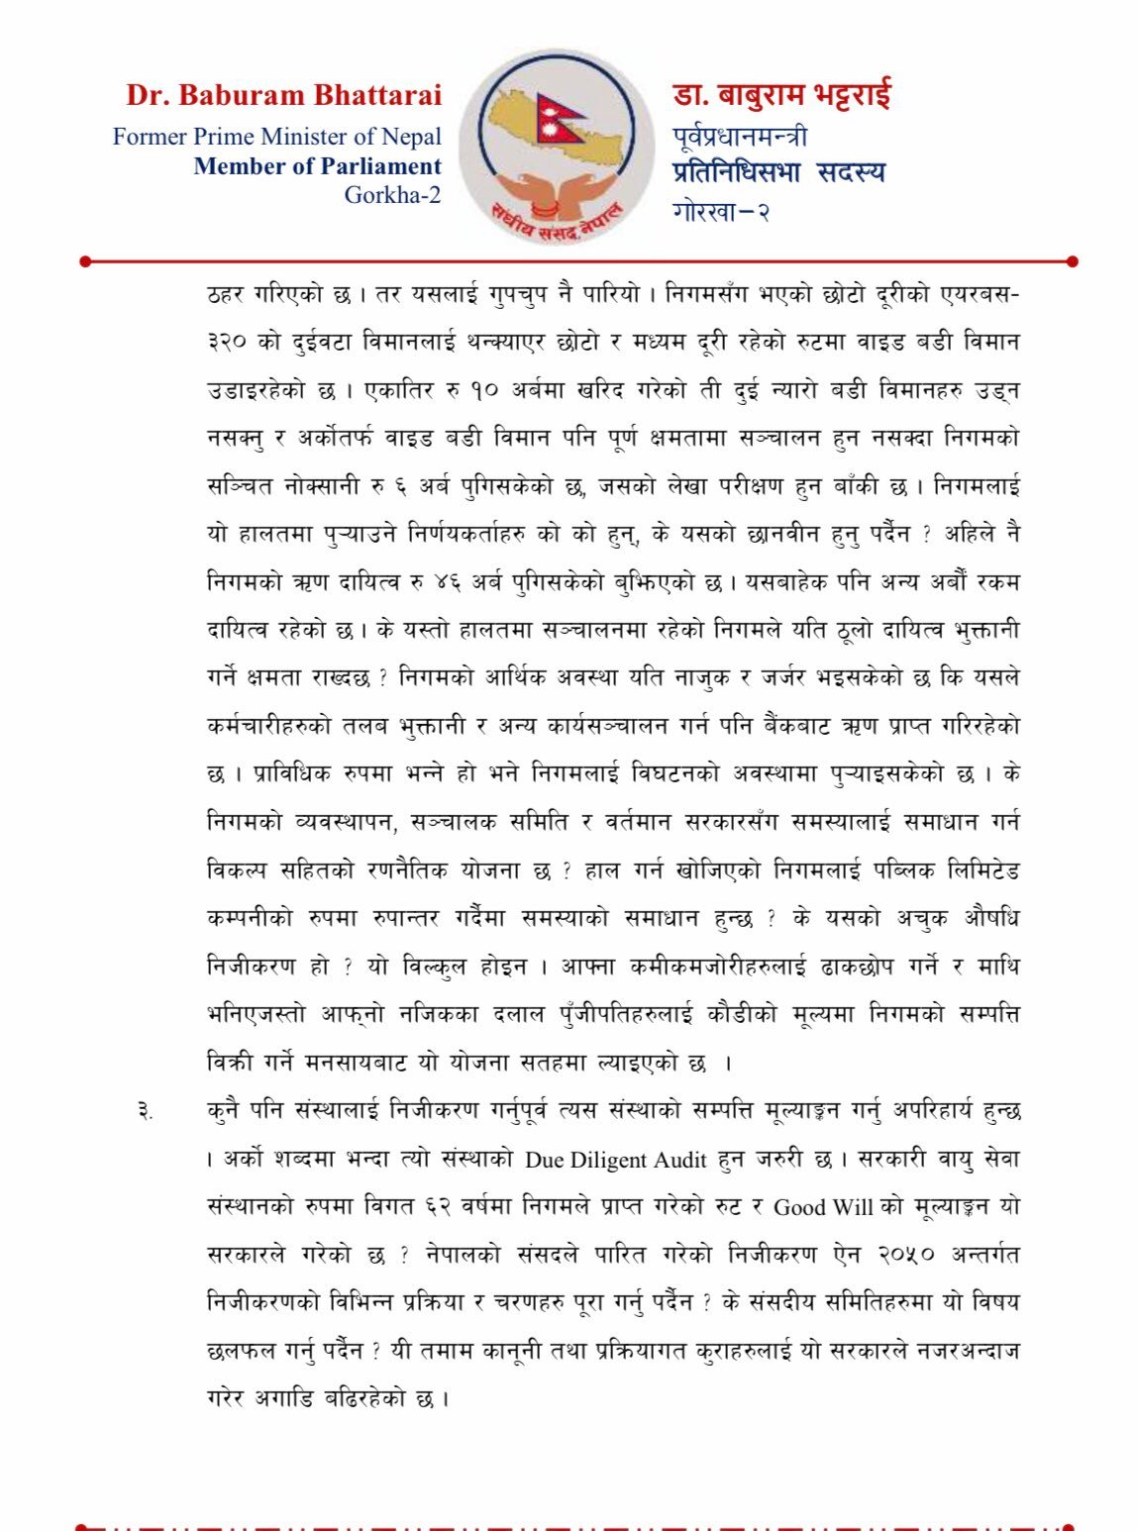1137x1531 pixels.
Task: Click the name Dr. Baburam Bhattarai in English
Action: click(x=283, y=96)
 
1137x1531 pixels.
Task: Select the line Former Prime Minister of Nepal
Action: click(x=277, y=137)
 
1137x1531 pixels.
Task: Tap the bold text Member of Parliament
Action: click(x=317, y=166)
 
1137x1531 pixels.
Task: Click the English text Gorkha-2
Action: click(x=392, y=195)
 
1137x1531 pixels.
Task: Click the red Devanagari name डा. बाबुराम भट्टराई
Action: click(x=781, y=95)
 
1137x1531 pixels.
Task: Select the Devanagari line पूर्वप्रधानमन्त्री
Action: click(x=739, y=136)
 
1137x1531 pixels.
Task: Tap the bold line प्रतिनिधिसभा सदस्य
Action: click(x=778, y=171)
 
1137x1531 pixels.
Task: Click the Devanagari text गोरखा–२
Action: click(x=721, y=211)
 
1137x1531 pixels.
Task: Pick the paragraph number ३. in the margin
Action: click(x=145, y=1111)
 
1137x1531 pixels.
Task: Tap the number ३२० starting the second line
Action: click(x=229, y=343)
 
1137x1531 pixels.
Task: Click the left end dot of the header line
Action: click(x=85, y=261)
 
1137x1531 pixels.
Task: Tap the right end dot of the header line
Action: click(x=1073, y=261)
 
